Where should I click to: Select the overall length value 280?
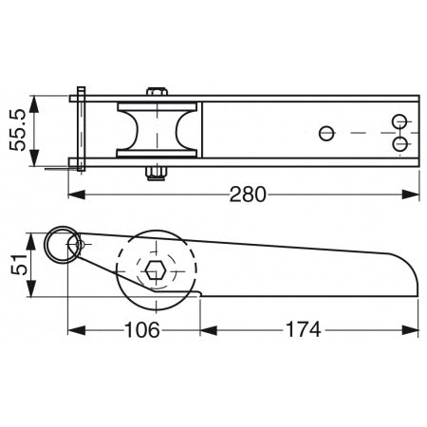tap(248, 195)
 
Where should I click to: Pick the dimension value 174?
tap(303, 331)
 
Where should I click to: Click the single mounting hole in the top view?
tap(327, 132)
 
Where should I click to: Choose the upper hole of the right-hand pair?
tap(399, 121)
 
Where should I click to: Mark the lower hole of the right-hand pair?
tap(399, 143)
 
